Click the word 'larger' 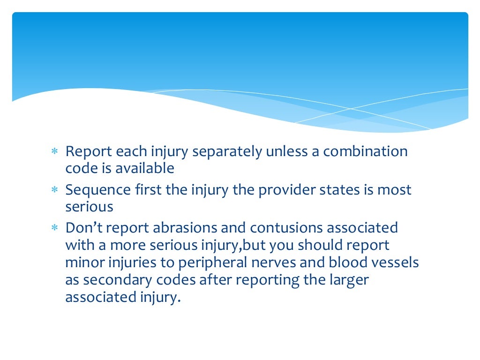(x=349, y=280)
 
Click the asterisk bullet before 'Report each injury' (x=54, y=153)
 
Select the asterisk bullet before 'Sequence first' (x=54, y=191)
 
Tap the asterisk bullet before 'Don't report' (x=54, y=228)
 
